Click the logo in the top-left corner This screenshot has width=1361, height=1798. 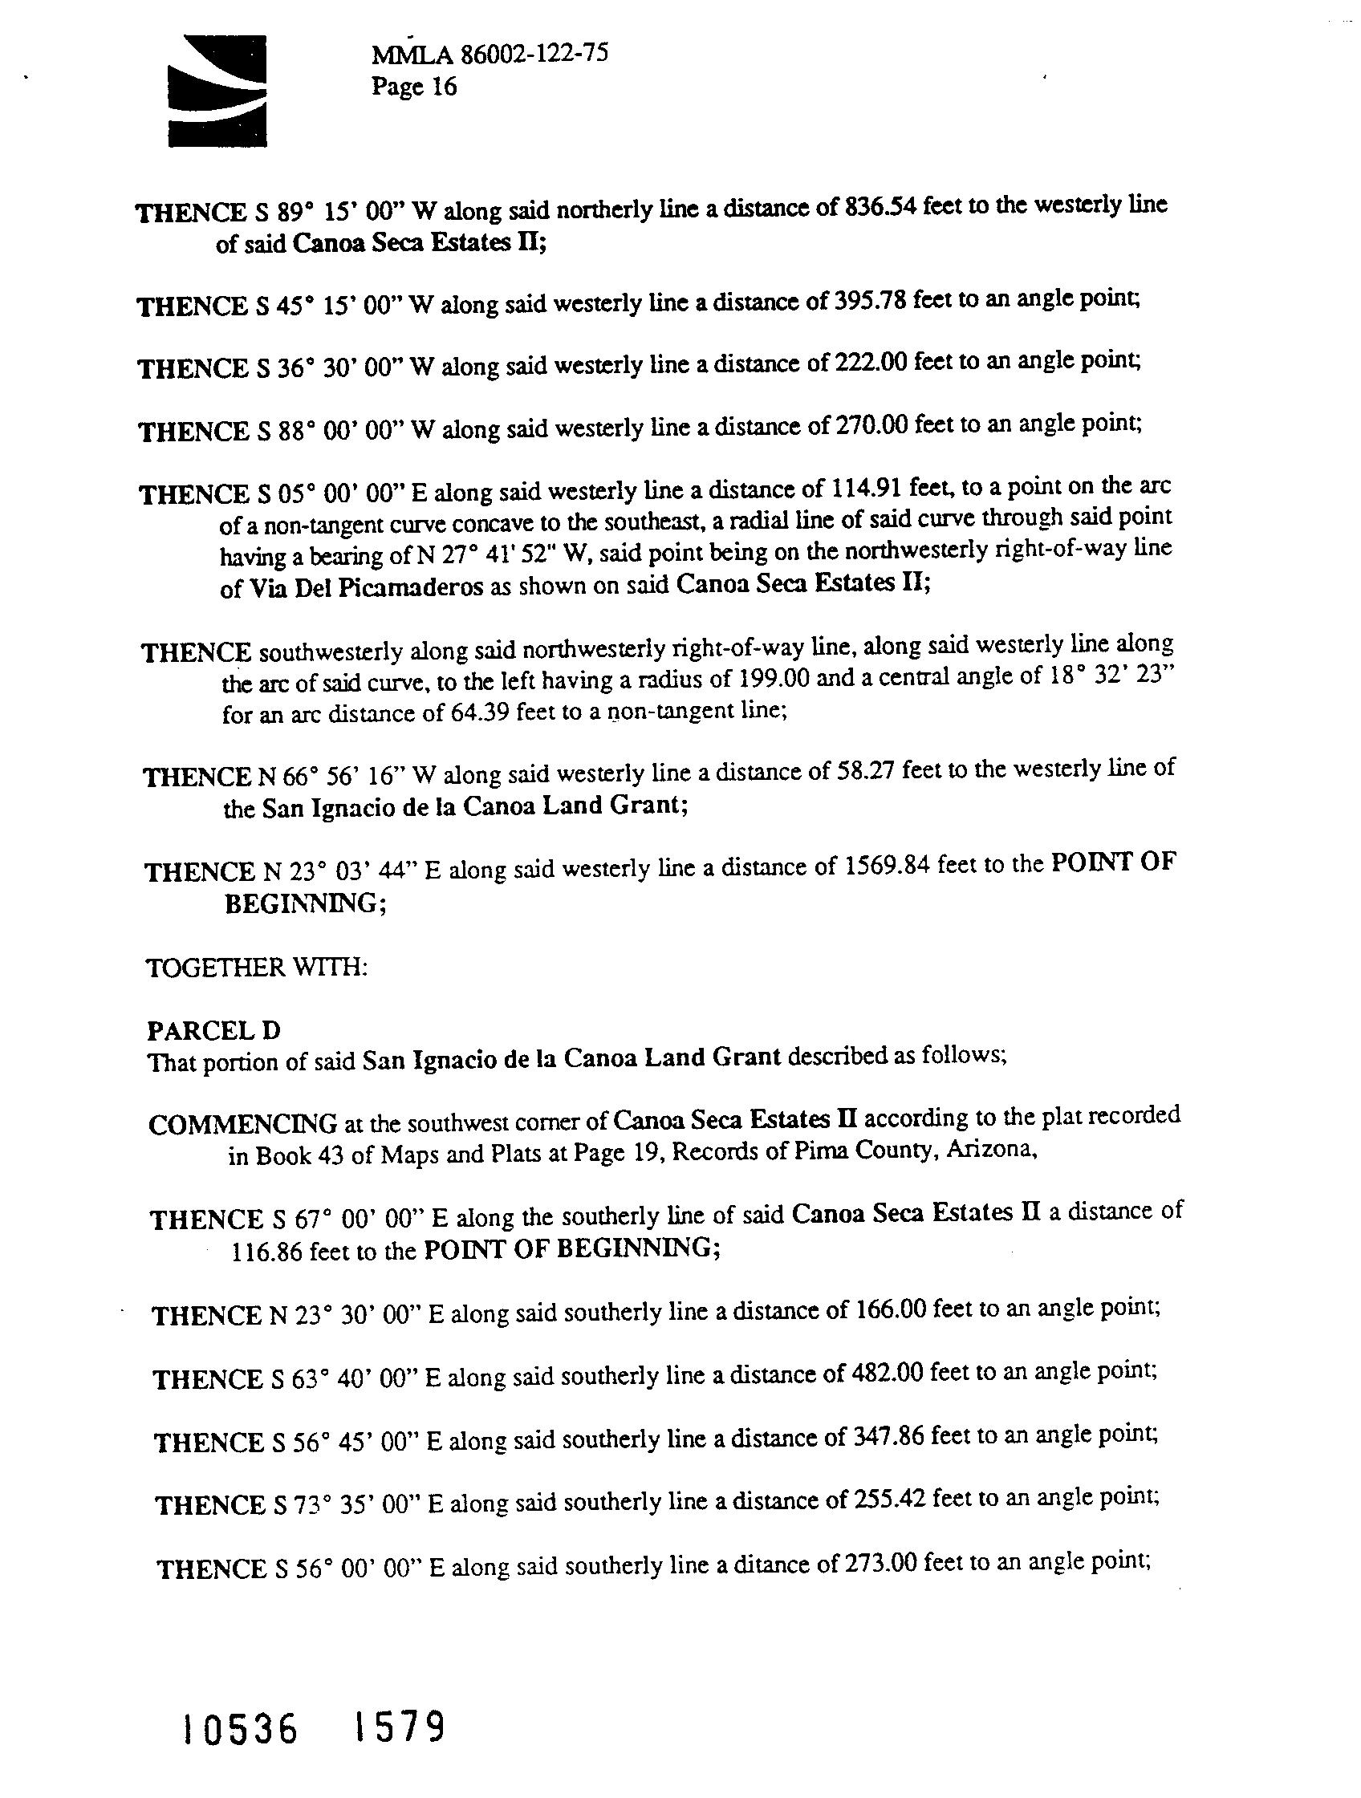tap(217, 91)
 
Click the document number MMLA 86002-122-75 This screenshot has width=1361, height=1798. tap(490, 55)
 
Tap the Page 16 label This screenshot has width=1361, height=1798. tap(414, 86)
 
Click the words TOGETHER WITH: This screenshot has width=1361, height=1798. tap(257, 968)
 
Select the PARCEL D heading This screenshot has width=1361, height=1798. tap(213, 1031)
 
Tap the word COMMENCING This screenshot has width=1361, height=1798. tap(243, 1124)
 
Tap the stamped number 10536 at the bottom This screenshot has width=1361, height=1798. tap(240, 1729)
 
